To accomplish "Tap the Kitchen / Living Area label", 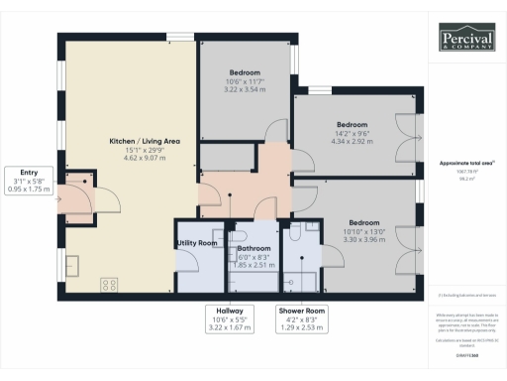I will pyautogui.click(x=144, y=141).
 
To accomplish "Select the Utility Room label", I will pyautogui.click(x=196, y=242).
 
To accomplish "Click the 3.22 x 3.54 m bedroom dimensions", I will pyautogui.click(x=245, y=88).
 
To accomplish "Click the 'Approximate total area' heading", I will pyautogui.click(x=465, y=162).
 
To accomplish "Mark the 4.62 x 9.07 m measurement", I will pyautogui.click(x=144, y=157).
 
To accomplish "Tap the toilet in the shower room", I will pyautogui.click(x=297, y=233).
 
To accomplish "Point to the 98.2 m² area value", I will pyautogui.click(x=463, y=180).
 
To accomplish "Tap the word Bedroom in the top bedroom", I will pyautogui.click(x=245, y=72).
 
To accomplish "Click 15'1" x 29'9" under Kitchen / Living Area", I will pyautogui.click(x=144, y=149).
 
